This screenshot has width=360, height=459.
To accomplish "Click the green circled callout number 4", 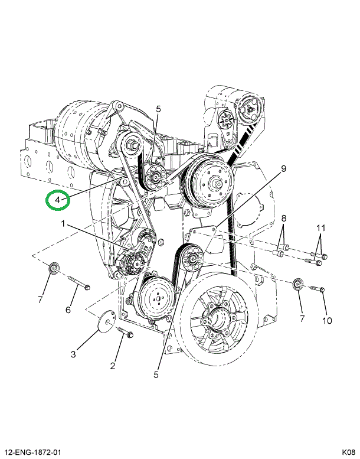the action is (x=58, y=200).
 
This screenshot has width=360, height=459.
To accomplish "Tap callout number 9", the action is (x=283, y=168).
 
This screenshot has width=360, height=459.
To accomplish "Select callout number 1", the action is (x=63, y=224).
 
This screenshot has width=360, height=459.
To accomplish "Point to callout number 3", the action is (x=73, y=354).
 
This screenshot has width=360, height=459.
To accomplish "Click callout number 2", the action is (x=113, y=365).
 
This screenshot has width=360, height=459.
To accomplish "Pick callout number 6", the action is (x=68, y=310).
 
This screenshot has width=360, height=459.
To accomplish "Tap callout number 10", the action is (x=328, y=321).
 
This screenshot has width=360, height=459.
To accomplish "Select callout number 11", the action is (x=320, y=228).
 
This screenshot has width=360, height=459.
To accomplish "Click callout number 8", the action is (x=284, y=218).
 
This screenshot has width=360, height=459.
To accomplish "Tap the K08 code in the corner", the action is (x=348, y=453).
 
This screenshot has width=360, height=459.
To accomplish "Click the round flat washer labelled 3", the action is (x=106, y=321).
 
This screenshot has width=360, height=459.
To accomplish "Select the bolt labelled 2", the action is (x=126, y=332).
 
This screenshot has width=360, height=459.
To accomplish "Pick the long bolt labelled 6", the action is (x=79, y=282).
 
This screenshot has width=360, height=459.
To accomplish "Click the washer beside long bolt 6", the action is (x=54, y=268).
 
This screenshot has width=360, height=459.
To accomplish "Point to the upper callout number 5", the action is (x=158, y=109).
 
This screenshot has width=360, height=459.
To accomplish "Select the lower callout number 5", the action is (x=156, y=375).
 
